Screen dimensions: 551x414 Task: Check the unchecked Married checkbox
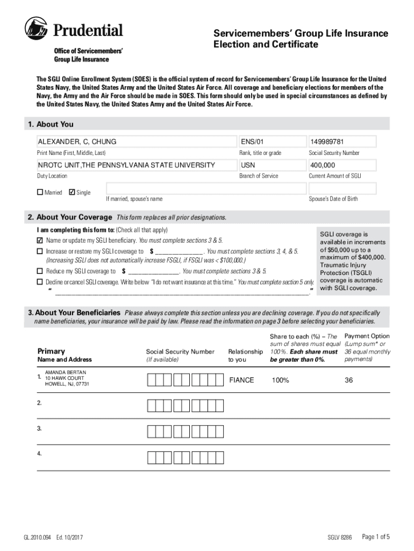(x=40, y=192)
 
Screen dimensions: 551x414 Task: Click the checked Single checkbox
(x=72, y=192)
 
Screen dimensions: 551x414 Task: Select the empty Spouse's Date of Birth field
(x=341, y=188)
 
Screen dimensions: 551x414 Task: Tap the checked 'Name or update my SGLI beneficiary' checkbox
(x=40, y=240)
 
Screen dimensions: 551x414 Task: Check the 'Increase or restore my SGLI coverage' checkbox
(x=40, y=251)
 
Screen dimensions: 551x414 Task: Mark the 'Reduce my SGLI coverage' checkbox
(x=40, y=271)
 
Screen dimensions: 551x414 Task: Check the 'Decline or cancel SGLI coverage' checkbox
(x=40, y=282)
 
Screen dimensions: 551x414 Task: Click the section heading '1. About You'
(x=51, y=124)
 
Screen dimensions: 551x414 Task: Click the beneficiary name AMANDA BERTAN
(x=65, y=372)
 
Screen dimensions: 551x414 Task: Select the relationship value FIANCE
(x=241, y=380)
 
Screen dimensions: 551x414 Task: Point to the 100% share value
(x=280, y=380)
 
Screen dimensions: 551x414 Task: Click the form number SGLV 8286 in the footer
(x=339, y=538)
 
